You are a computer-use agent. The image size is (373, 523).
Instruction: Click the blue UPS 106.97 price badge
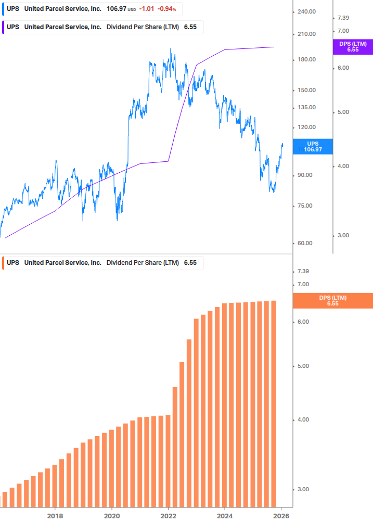pyautogui.click(x=313, y=146)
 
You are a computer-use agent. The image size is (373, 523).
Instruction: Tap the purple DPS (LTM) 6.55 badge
pyautogui.click(x=352, y=47)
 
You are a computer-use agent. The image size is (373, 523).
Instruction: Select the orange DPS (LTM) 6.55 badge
pyautogui.click(x=333, y=300)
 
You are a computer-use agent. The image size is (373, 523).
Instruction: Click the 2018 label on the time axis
pyautogui.click(x=55, y=516)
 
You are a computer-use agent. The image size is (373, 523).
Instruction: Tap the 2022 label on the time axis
pyautogui.click(x=169, y=516)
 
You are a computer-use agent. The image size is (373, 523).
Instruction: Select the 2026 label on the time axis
pyautogui.click(x=281, y=516)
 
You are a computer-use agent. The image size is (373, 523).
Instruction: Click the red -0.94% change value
pyautogui.click(x=167, y=9)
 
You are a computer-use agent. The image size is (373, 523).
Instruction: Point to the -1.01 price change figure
pyautogui.click(x=148, y=9)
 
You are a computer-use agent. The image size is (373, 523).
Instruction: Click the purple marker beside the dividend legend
pyautogui.click(x=4, y=27)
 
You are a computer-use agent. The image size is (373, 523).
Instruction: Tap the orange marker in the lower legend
pyautogui.click(x=4, y=263)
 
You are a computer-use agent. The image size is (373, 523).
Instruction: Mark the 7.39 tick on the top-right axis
pyautogui.click(x=343, y=18)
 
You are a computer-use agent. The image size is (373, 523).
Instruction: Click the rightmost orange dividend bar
pyautogui.click(x=274, y=403)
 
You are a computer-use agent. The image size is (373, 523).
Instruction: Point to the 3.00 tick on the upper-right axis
pyautogui.click(x=343, y=236)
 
